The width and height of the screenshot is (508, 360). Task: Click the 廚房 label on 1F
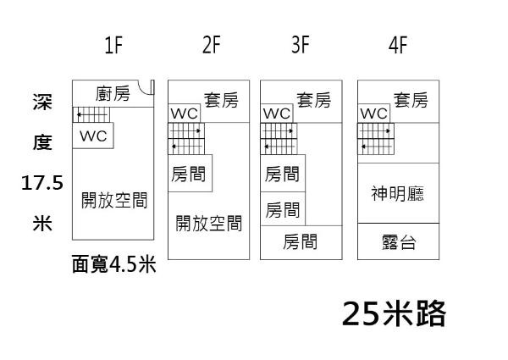[x=113, y=93]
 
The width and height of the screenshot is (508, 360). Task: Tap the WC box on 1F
[x=92, y=136]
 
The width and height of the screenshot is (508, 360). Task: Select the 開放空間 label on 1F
[x=114, y=201]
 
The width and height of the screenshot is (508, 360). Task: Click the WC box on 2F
[x=184, y=114]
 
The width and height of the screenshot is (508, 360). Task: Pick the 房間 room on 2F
[x=190, y=174]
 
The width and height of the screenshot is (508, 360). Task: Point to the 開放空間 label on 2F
[x=208, y=224]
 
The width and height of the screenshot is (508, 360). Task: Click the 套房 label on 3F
[x=313, y=101]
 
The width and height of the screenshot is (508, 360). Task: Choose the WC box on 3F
[x=277, y=114]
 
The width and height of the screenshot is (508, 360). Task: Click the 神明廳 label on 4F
[x=398, y=194]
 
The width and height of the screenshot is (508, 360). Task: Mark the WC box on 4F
[x=373, y=114]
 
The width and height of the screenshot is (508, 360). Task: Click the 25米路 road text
[x=394, y=313]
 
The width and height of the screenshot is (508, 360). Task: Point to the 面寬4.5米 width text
[x=114, y=265]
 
